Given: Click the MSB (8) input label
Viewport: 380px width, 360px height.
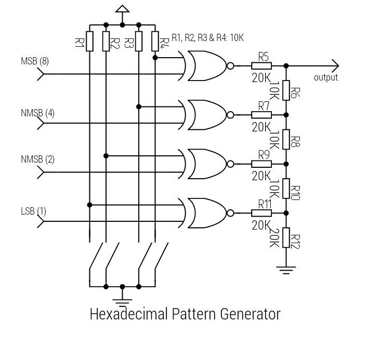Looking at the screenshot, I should (x=35, y=61).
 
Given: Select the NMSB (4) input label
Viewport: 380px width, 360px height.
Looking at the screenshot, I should (x=37, y=113).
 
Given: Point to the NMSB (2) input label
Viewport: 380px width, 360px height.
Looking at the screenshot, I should (x=37, y=159).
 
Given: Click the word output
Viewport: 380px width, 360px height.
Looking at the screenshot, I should (x=325, y=77).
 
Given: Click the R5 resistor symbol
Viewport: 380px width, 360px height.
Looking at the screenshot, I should (x=261, y=66).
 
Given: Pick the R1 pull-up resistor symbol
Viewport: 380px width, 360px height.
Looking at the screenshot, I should (x=89, y=41).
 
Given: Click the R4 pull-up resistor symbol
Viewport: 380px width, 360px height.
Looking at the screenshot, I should (x=155, y=41).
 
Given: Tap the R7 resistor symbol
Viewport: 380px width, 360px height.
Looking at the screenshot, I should (x=261, y=115).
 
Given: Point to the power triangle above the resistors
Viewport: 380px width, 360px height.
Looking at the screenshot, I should (x=122, y=9).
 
